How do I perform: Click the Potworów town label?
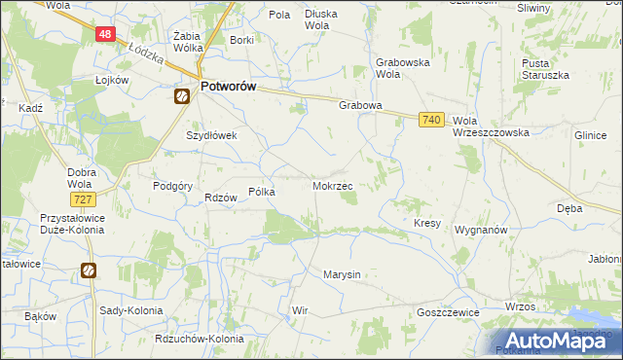[228, 87]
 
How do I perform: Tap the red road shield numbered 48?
[106, 34]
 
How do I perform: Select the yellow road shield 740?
[433, 120]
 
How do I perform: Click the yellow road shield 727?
[83, 199]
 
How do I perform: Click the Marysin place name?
[342, 274]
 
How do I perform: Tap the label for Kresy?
[427, 223]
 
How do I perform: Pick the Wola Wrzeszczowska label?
[491, 126]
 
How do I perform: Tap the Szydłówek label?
[212, 136]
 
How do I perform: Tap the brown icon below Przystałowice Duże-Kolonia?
[89, 270]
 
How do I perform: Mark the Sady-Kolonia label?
[131, 310]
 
